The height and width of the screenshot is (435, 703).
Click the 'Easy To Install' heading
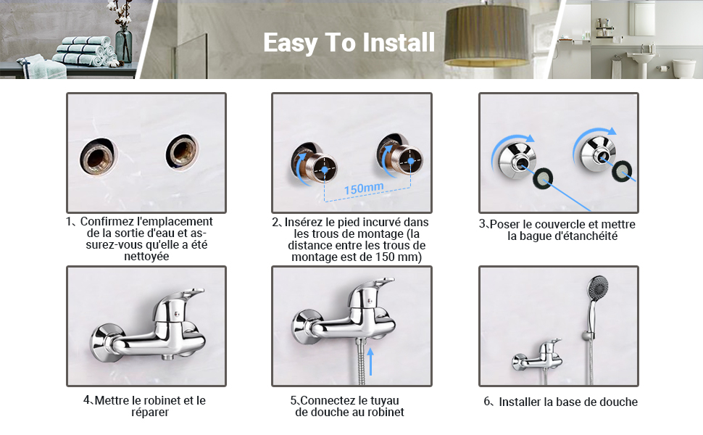pyautogui.click(x=349, y=42)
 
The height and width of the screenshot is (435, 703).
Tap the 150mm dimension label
pyautogui.click(x=364, y=188)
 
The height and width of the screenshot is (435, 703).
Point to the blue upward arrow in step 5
pyautogui.click(x=370, y=361)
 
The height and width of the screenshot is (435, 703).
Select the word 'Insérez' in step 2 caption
pyautogui.click(x=304, y=222)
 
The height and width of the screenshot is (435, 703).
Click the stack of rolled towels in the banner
pyautogui.click(x=84, y=50)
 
